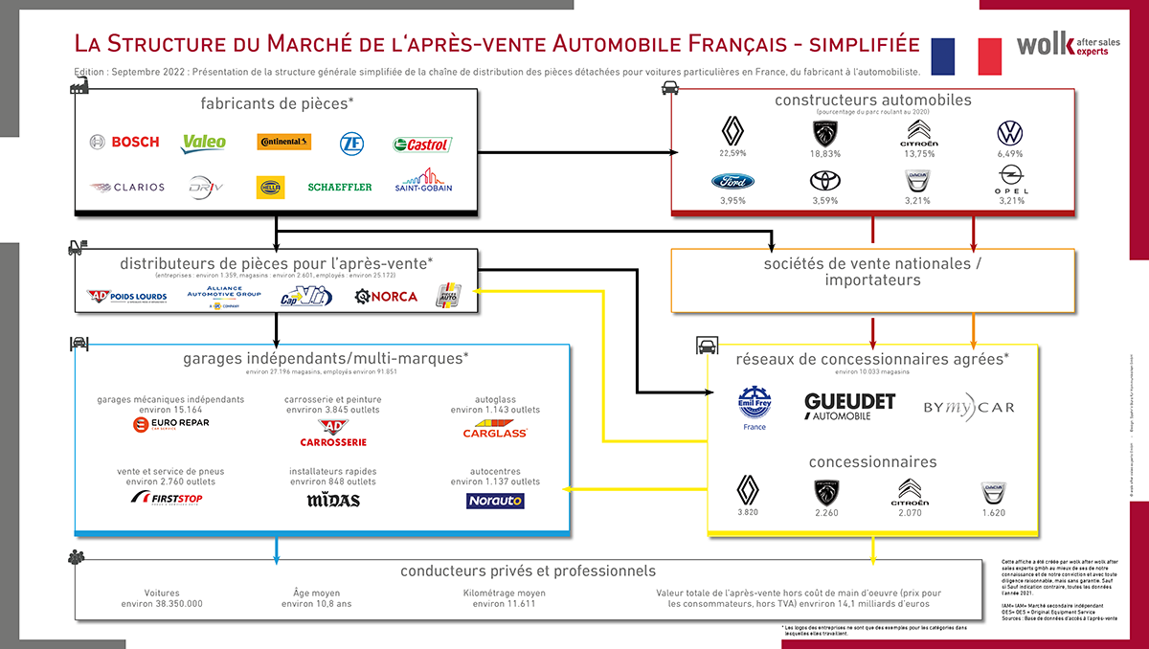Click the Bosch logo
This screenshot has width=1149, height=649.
(124, 143)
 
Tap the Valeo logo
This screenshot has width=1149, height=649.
(204, 143)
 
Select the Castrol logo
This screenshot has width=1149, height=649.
(421, 145)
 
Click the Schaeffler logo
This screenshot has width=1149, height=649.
(340, 187)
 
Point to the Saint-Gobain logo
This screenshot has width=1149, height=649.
(423, 182)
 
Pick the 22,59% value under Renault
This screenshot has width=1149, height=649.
(732, 153)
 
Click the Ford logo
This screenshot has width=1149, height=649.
(732, 181)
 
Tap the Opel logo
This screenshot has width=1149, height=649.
(1011, 178)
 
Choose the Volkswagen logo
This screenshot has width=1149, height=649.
(1011, 132)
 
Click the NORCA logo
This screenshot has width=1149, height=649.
(386, 297)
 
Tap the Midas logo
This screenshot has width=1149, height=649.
(333, 500)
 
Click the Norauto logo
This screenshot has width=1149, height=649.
(495, 501)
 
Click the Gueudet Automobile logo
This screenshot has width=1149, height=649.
(849, 406)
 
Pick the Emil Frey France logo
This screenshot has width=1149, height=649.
(755, 406)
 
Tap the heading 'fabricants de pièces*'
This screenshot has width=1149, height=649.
(278, 102)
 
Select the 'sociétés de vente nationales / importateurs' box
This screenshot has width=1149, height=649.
(870, 271)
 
